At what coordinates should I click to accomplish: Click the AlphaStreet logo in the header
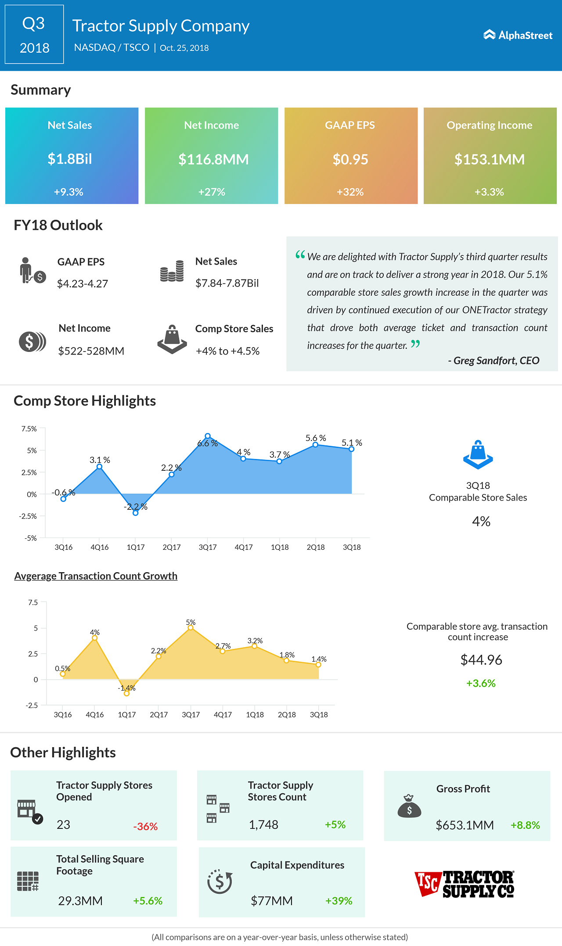518,35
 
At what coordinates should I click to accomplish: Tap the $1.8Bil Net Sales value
70,159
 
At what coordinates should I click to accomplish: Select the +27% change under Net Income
212,192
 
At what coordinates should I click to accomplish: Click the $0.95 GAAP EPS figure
350,159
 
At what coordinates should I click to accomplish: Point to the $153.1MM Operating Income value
490,159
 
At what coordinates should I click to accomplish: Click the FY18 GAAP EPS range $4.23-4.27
83,284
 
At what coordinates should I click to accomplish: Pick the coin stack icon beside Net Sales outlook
172,271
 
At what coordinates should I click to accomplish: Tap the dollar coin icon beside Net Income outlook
32,341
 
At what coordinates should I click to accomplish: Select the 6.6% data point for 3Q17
208,436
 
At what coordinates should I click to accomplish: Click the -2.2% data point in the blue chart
136,513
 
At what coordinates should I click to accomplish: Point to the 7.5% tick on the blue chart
29,429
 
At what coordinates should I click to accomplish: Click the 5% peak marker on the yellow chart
191,628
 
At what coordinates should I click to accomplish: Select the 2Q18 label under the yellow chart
287,715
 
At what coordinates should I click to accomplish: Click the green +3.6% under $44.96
481,683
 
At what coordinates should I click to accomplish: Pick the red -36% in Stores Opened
145,827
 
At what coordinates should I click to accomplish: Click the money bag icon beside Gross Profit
409,806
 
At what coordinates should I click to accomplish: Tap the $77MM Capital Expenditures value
272,901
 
